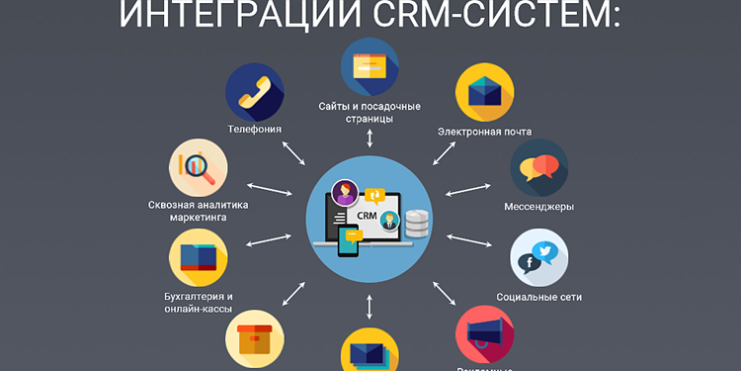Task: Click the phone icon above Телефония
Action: tap(255, 92)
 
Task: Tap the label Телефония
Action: tap(255, 129)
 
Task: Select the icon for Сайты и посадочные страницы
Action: tap(370, 66)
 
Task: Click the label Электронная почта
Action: tap(484, 131)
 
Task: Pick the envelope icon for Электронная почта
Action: tap(484, 93)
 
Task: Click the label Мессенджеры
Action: tap(539, 207)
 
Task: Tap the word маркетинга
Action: tap(198, 218)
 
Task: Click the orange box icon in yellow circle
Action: tap(255, 336)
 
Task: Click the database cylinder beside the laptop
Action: tap(417, 224)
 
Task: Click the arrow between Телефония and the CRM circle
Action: tap(293, 151)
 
